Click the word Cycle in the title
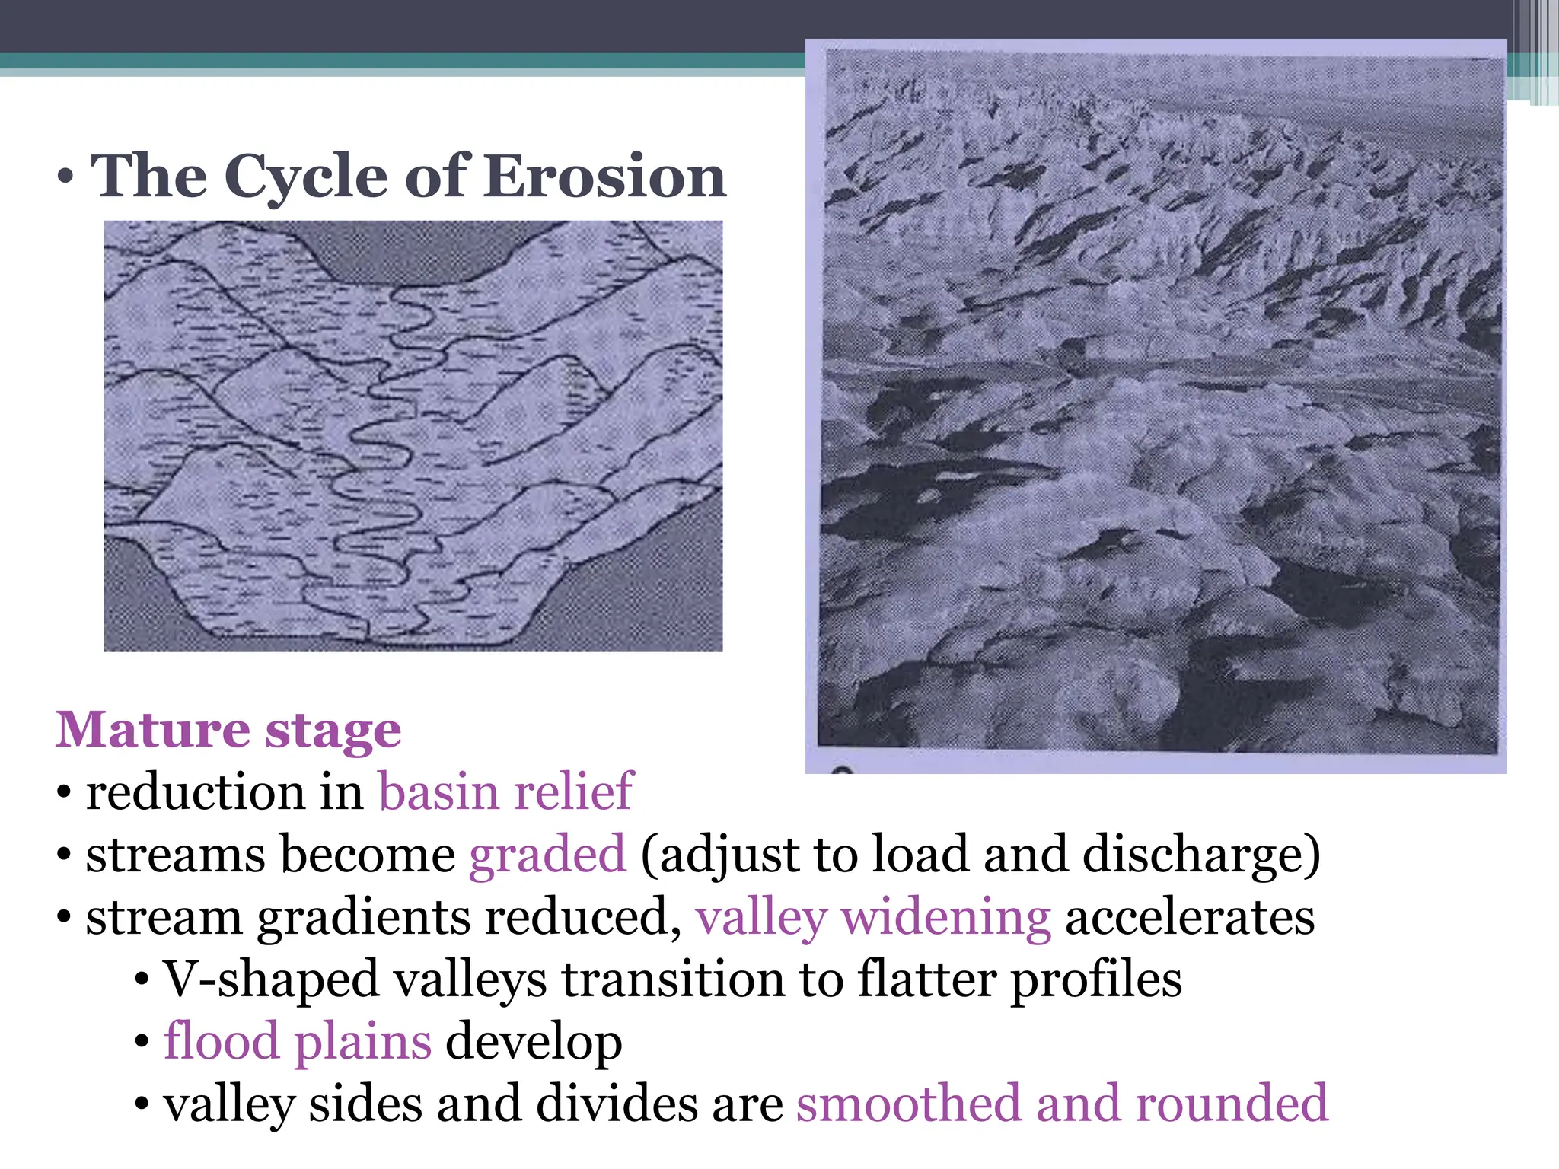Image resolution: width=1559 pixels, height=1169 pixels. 307,177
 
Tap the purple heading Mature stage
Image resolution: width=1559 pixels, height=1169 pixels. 228,730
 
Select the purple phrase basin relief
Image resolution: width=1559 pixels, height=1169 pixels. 505,792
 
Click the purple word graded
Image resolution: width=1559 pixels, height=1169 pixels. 547,854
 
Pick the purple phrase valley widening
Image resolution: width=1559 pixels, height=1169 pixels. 873,917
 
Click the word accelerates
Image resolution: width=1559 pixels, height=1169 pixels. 1189,917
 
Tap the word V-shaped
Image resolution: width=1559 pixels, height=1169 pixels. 271,979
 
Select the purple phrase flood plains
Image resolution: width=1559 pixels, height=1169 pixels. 298,1042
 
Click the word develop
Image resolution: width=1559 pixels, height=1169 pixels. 534,1042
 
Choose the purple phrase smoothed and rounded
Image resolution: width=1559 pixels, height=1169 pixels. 1062,1104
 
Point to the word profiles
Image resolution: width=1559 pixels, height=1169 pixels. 1096,979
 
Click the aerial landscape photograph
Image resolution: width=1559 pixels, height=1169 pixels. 1157,403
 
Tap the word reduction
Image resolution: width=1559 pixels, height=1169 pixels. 195,792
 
